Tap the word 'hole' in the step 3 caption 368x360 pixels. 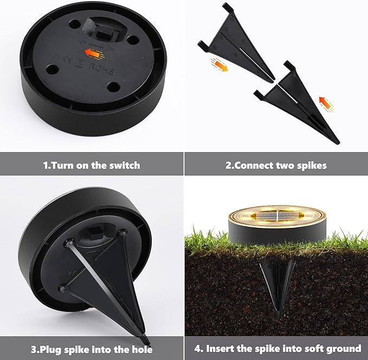click(x=141, y=349)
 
